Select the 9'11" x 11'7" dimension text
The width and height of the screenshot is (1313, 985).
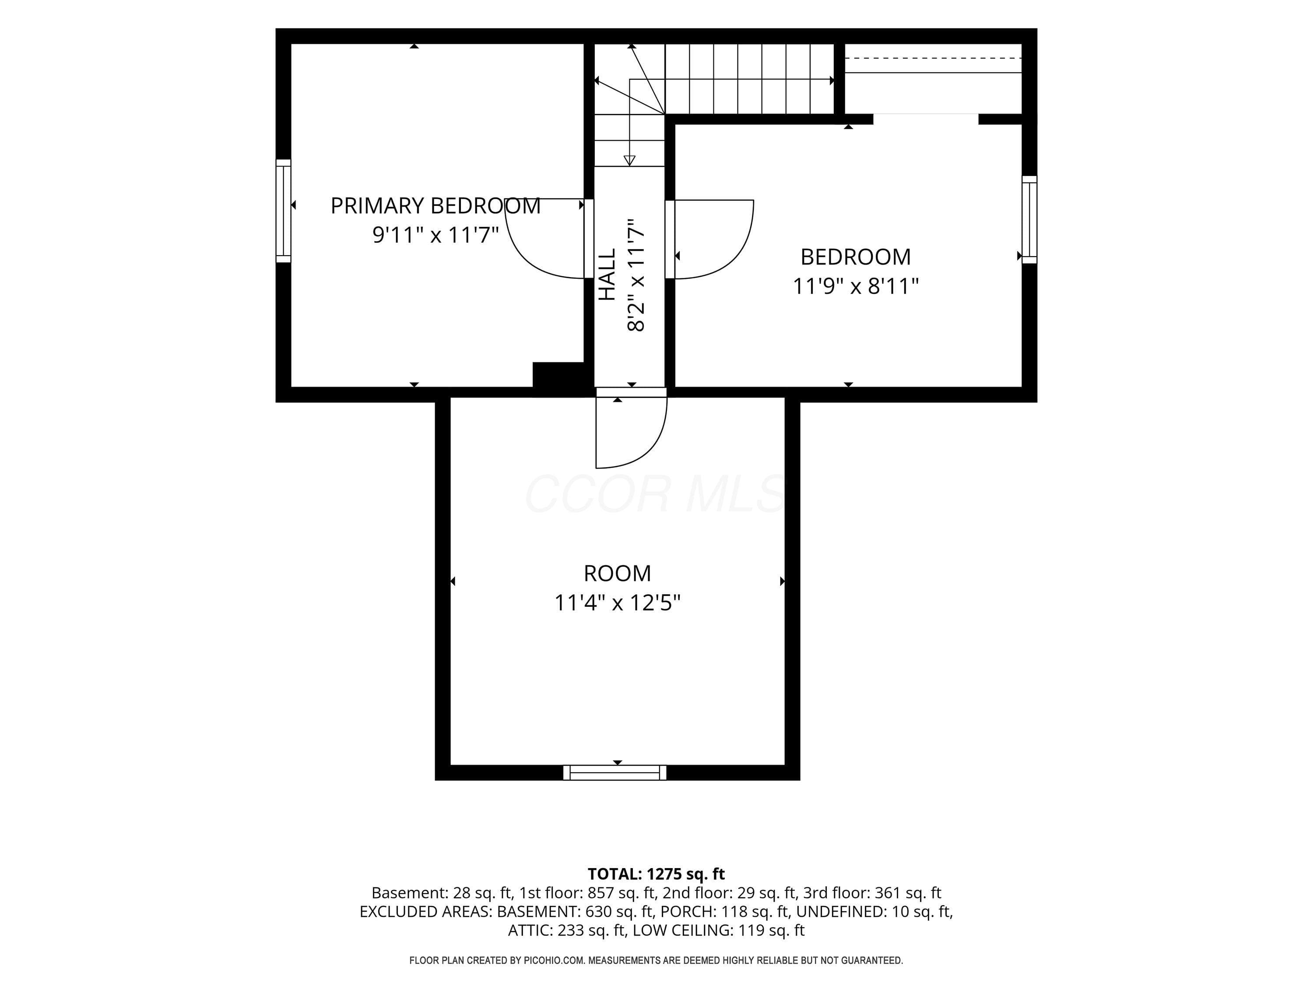click(435, 235)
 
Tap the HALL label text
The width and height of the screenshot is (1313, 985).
click(607, 274)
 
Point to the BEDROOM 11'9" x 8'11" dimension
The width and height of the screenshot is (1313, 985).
click(855, 286)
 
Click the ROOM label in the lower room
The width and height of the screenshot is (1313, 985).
click(617, 573)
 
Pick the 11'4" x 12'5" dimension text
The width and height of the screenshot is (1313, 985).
click(617, 603)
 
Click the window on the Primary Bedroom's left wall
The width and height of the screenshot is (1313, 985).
click(283, 211)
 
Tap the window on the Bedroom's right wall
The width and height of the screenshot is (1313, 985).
click(1029, 220)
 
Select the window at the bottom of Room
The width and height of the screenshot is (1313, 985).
click(614, 772)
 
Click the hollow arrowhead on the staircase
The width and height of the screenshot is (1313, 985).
click(630, 160)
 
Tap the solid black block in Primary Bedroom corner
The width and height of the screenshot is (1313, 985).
click(558, 375)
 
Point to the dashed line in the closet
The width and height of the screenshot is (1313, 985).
click(933, 58)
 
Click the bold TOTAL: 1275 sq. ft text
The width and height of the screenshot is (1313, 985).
click(656, 874)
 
